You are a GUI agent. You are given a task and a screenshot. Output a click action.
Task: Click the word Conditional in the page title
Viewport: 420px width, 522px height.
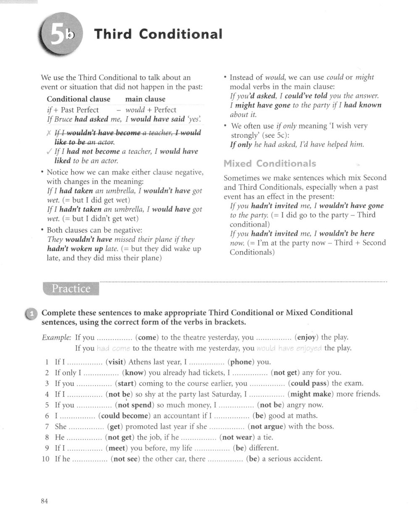180,34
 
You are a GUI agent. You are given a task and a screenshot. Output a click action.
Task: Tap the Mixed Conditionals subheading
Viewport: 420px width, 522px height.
270,163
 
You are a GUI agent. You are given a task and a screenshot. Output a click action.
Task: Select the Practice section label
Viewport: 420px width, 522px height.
71,289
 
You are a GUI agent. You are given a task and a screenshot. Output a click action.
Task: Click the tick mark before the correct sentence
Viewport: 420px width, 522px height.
50,152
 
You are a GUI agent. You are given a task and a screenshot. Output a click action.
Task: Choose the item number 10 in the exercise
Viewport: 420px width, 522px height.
46,459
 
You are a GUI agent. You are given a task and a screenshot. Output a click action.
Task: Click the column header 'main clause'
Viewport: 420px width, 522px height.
145,99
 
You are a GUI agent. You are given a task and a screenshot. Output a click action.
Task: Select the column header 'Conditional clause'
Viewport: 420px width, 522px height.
79,99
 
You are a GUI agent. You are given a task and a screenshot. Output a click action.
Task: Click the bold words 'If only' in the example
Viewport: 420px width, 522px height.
241,144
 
